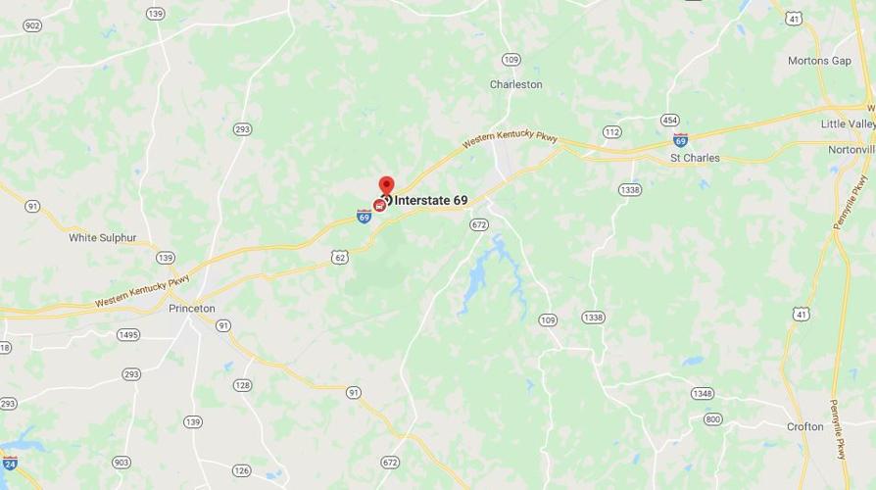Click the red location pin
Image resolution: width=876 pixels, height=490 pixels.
tap(386, 186)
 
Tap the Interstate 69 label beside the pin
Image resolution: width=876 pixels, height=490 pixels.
tap(431, 201)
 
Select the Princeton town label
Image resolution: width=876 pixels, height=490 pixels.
tap(191, 309)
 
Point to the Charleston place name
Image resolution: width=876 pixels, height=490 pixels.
tap(515, 85)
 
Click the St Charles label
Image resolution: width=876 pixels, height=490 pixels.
tap(695, 158)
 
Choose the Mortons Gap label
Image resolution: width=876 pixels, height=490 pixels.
tap(819, 61)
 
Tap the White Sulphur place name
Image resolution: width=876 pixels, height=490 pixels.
tap(103, 238)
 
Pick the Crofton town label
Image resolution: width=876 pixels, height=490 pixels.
tap(804, 427)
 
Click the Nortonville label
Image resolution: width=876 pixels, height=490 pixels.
tap(851, 150)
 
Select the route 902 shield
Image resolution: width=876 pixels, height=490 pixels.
tap(31, 26)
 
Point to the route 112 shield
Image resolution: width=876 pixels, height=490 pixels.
tap(611, 132)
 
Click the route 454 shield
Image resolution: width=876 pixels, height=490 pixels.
tap(670, 121)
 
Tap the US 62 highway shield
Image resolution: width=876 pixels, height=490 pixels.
tap(339, 258)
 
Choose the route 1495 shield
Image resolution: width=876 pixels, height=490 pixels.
tap(128, 335)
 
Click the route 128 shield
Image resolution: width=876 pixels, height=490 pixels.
tap(242, 385)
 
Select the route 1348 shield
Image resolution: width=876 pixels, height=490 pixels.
tap(702, 394)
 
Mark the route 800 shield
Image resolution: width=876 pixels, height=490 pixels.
tap(712, 419)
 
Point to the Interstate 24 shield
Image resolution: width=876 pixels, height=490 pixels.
tap(9, 463)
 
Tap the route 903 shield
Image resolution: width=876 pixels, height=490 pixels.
tap(122, 463)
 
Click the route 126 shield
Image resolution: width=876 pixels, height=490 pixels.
tap(242, 471)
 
